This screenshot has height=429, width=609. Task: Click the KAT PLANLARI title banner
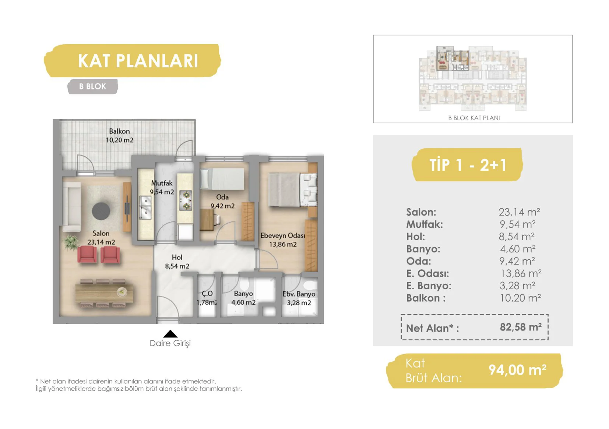133,61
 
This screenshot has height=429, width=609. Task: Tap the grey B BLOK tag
93,86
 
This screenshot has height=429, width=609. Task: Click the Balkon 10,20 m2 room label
120,135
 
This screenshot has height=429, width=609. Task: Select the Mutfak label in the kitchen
162,183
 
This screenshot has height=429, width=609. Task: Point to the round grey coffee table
101,211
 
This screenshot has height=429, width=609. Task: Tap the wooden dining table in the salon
105,293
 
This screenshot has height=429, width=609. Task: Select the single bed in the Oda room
222,179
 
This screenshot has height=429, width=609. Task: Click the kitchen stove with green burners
186,201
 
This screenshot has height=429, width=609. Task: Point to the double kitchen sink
145,208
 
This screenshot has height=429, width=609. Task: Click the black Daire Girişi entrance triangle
170,334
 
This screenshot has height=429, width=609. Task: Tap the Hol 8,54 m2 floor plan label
177,262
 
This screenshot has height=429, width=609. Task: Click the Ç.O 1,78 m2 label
207,298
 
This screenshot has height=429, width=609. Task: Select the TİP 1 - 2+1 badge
467,164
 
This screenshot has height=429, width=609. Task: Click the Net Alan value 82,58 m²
520,327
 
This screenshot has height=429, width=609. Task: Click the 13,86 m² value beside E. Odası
521,273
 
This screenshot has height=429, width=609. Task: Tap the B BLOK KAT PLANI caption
474,118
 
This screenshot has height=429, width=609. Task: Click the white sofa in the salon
72,207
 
